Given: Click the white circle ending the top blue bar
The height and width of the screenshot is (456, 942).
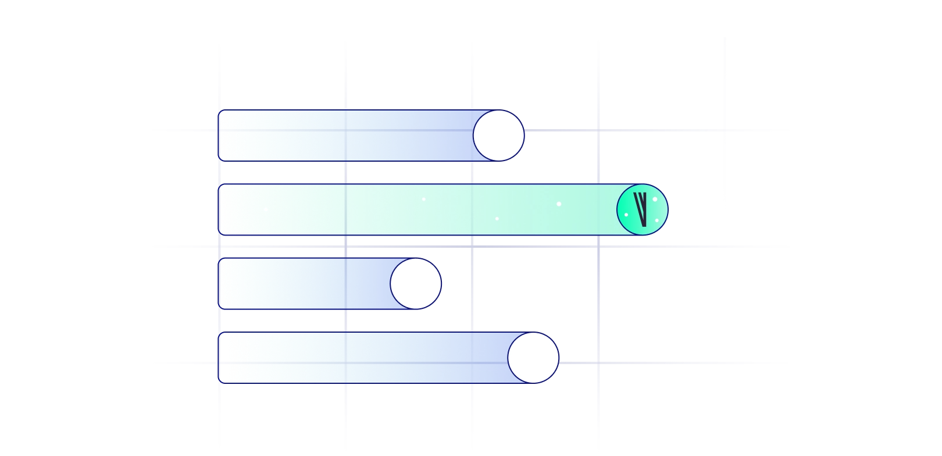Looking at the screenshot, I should (x=499, y=136).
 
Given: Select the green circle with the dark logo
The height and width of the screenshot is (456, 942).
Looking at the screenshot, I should (x=643, y=209).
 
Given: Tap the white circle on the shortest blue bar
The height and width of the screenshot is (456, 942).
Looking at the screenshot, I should (x=416, y=284).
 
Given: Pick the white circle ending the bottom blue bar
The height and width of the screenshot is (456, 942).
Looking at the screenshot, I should (x=533, y=358).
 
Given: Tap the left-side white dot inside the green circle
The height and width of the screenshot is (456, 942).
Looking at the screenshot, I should (x=626, y=215).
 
